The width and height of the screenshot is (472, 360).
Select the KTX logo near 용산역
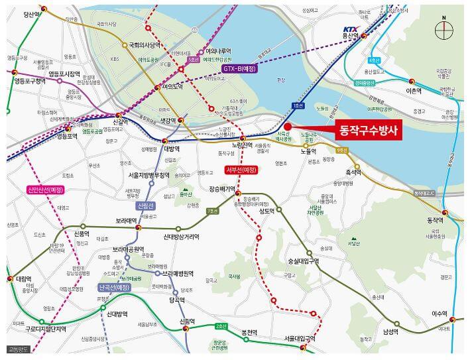(350, 29)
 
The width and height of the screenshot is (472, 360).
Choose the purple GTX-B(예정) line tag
(240, 68)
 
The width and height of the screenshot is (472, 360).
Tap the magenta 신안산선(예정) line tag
(46, 189)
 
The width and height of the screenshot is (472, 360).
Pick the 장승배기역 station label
(222, 188)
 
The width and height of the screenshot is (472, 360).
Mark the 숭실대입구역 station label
(303, 261)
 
